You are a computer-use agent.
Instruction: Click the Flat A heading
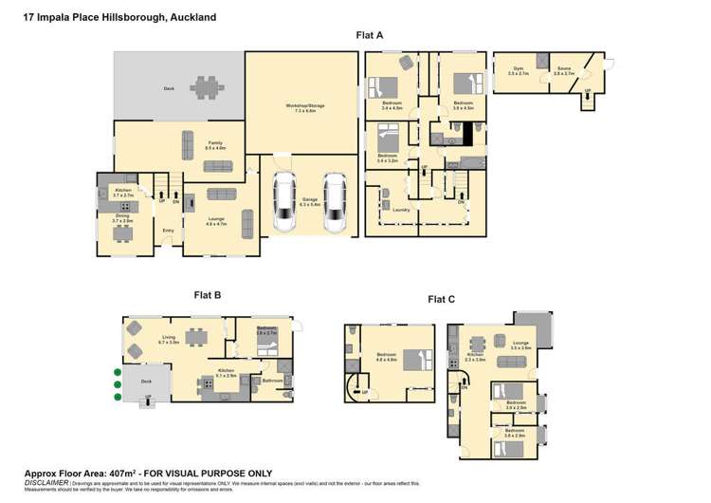[369, 35]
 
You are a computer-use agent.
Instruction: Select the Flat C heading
[442, 299]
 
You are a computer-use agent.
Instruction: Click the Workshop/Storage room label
[309, 107]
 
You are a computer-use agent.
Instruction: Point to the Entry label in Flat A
[169, 230]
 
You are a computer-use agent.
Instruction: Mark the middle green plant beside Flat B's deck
[117, 385]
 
